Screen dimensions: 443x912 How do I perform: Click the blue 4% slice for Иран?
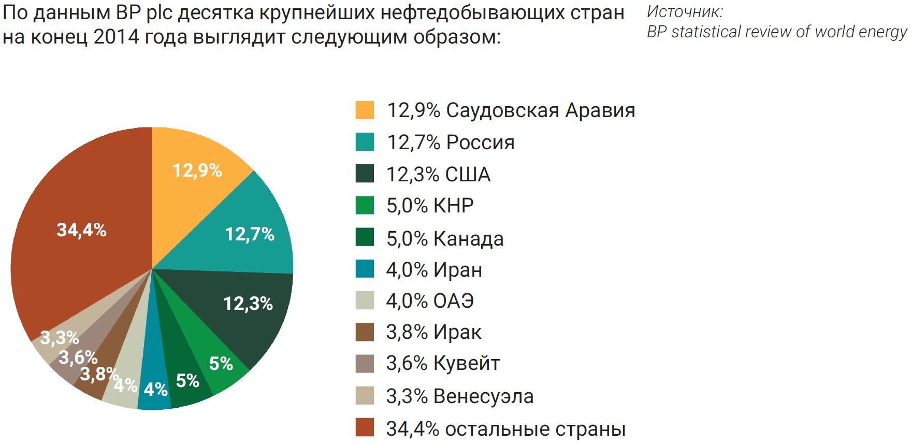click(x=155, y=389)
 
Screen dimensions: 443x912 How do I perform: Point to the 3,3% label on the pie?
click(x=60, y=338)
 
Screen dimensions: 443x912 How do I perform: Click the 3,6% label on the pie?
click(x=78, y=357)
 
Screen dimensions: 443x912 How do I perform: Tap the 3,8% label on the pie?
click(x=98, y=374)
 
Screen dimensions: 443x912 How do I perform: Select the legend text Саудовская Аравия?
click(x=540, y=110)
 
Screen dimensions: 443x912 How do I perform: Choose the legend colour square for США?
click(x=365, y=174)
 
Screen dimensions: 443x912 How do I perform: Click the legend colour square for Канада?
click(x=365, y=238)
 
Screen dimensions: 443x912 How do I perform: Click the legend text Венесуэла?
click(x=483, y=396)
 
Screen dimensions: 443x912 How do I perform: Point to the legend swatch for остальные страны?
click(x=365, y=427)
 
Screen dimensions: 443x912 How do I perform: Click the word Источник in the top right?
click(x=684, y=11)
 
